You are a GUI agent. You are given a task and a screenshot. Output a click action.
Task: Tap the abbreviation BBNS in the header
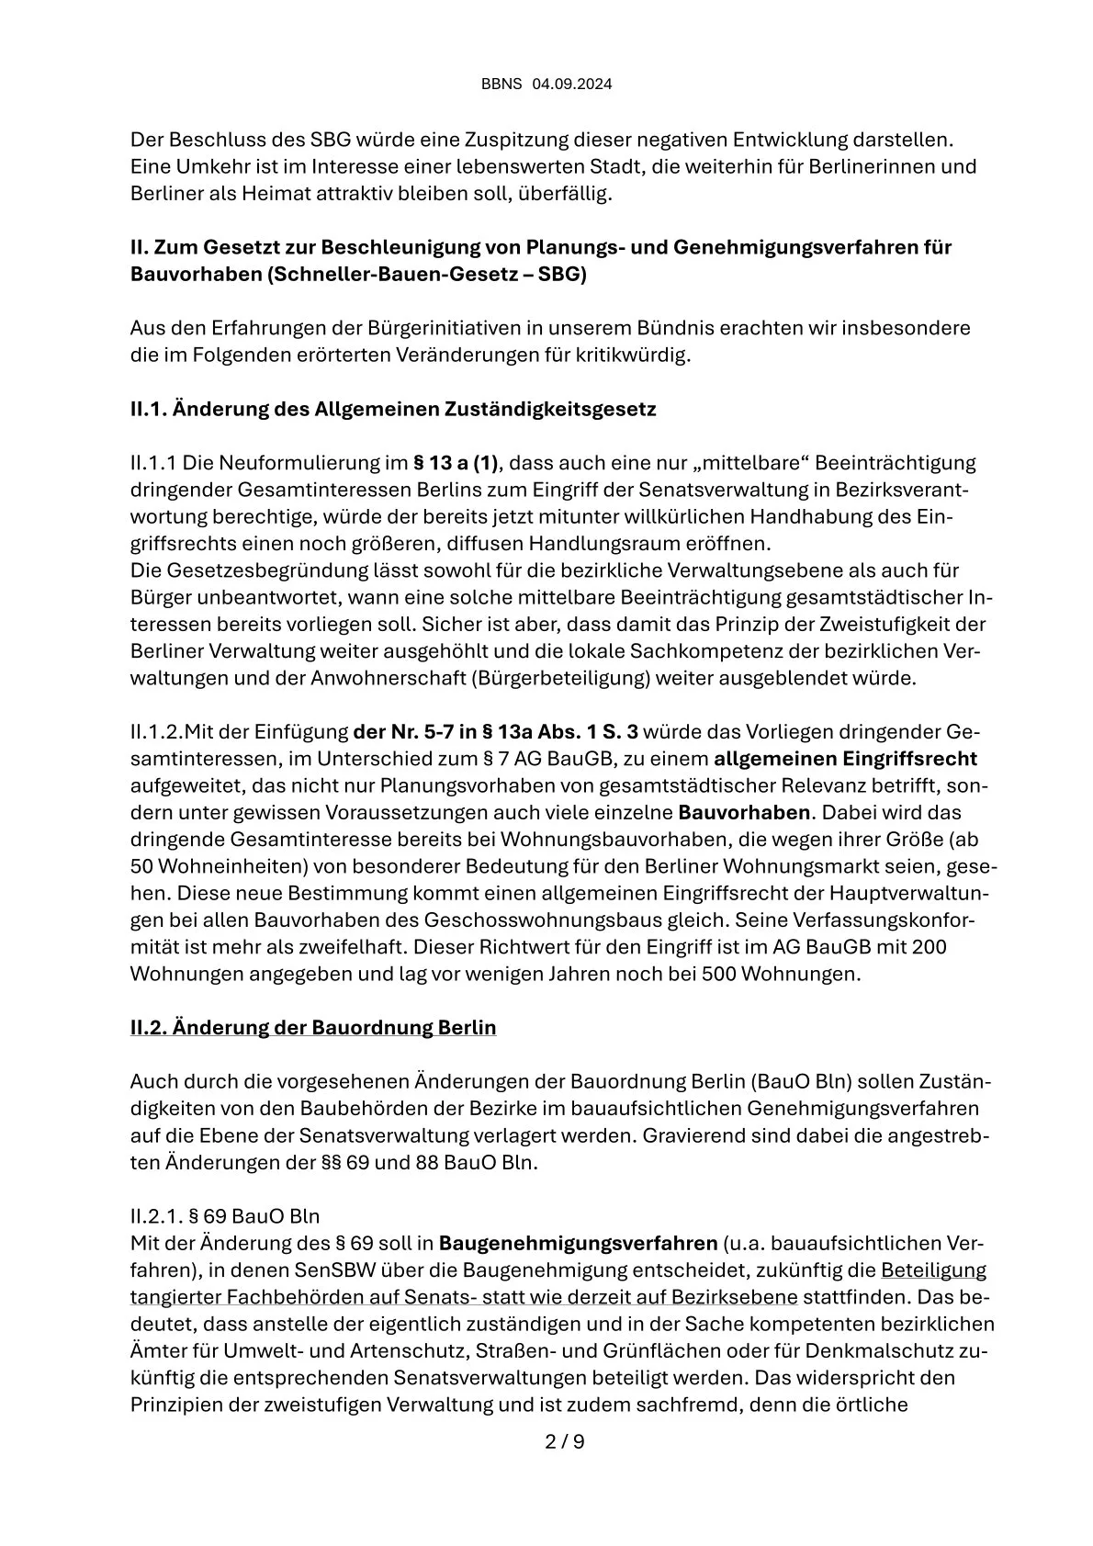(501, 85)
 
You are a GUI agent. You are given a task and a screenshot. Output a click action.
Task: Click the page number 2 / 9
(565, 1441)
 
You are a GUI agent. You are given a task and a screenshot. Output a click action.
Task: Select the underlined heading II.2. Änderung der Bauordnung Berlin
(313, 1027)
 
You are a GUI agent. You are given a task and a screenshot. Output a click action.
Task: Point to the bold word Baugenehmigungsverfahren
(578, 1244)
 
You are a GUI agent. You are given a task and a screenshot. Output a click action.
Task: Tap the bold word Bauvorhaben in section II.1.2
(745, 813)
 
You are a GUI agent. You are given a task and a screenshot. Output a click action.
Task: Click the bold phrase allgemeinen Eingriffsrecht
(845, 759)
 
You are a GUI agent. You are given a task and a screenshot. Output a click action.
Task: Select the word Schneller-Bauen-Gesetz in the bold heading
(373, 275)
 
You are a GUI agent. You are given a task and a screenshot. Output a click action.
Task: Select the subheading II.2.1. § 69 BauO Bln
(225, 1217)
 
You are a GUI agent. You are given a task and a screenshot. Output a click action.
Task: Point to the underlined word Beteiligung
(933, 1271)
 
